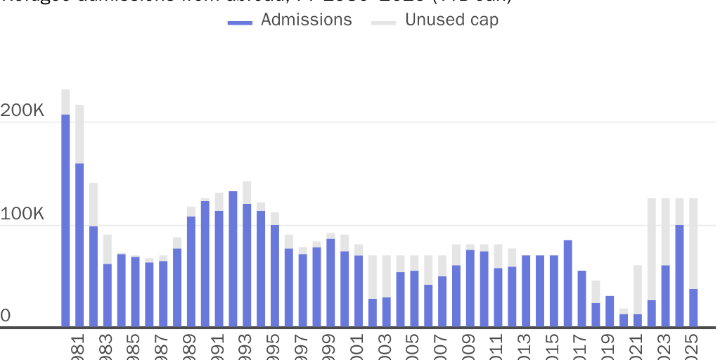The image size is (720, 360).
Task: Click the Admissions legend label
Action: pyautogui.click(x=306, y=20)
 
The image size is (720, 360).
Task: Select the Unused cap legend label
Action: pyautogui.click(x=451, y=20)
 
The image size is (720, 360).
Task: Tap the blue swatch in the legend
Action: pyautogui.click(x=240, y=23)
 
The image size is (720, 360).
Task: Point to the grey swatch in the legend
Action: pyautogui.click(x=384, y=23)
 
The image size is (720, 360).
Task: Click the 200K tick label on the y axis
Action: pyautogui.click(x=22, y=112)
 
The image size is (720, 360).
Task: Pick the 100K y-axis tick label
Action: pyautogui.click(x=22, y=214)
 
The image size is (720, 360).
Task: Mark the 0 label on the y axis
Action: pyautogui.click(x=6, y=316)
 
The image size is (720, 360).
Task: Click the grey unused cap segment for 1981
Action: pyautogui.click(x=79, y=134)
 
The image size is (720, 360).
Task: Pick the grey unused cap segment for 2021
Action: pyautogui.click(x=637, y=289)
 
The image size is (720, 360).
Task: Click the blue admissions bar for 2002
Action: pyautogui.click(x=372, y=312)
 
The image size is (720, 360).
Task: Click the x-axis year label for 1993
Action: pyautogui.click(x=246, y=346)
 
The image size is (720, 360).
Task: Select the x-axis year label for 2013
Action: pyautogui.click(x=525, y=346)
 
